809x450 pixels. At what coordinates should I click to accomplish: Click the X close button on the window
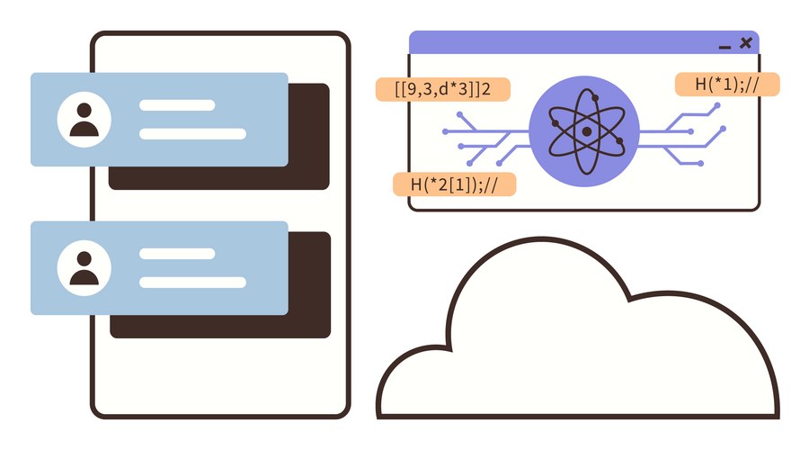tap(745, 43)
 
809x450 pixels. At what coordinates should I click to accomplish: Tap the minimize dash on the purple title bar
tap(725, 48)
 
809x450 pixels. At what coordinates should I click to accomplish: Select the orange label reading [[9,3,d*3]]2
tap(442, 89)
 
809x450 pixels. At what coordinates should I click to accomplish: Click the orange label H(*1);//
tap(727, 85)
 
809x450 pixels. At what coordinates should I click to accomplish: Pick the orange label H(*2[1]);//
tap(454, 184)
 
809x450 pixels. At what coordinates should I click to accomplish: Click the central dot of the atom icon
tap(587, 131)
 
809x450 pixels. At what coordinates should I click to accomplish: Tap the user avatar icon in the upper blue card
tap(84, 120)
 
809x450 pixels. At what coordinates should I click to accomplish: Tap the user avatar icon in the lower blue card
tap(84, 268)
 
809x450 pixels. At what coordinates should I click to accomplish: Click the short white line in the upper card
tap(177, 105)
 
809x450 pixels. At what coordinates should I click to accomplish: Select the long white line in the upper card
tap(192, 134)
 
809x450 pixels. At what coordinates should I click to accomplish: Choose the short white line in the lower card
tap(177, 254)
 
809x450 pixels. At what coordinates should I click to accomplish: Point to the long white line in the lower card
tap(192, 282)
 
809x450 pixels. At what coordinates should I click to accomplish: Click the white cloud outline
tap(542, 239)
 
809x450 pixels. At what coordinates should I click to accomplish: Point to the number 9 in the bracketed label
tap(412, 89)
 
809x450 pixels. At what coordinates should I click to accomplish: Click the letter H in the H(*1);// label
tap(700, 84)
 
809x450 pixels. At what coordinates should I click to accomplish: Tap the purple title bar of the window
tap(567, 42)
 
